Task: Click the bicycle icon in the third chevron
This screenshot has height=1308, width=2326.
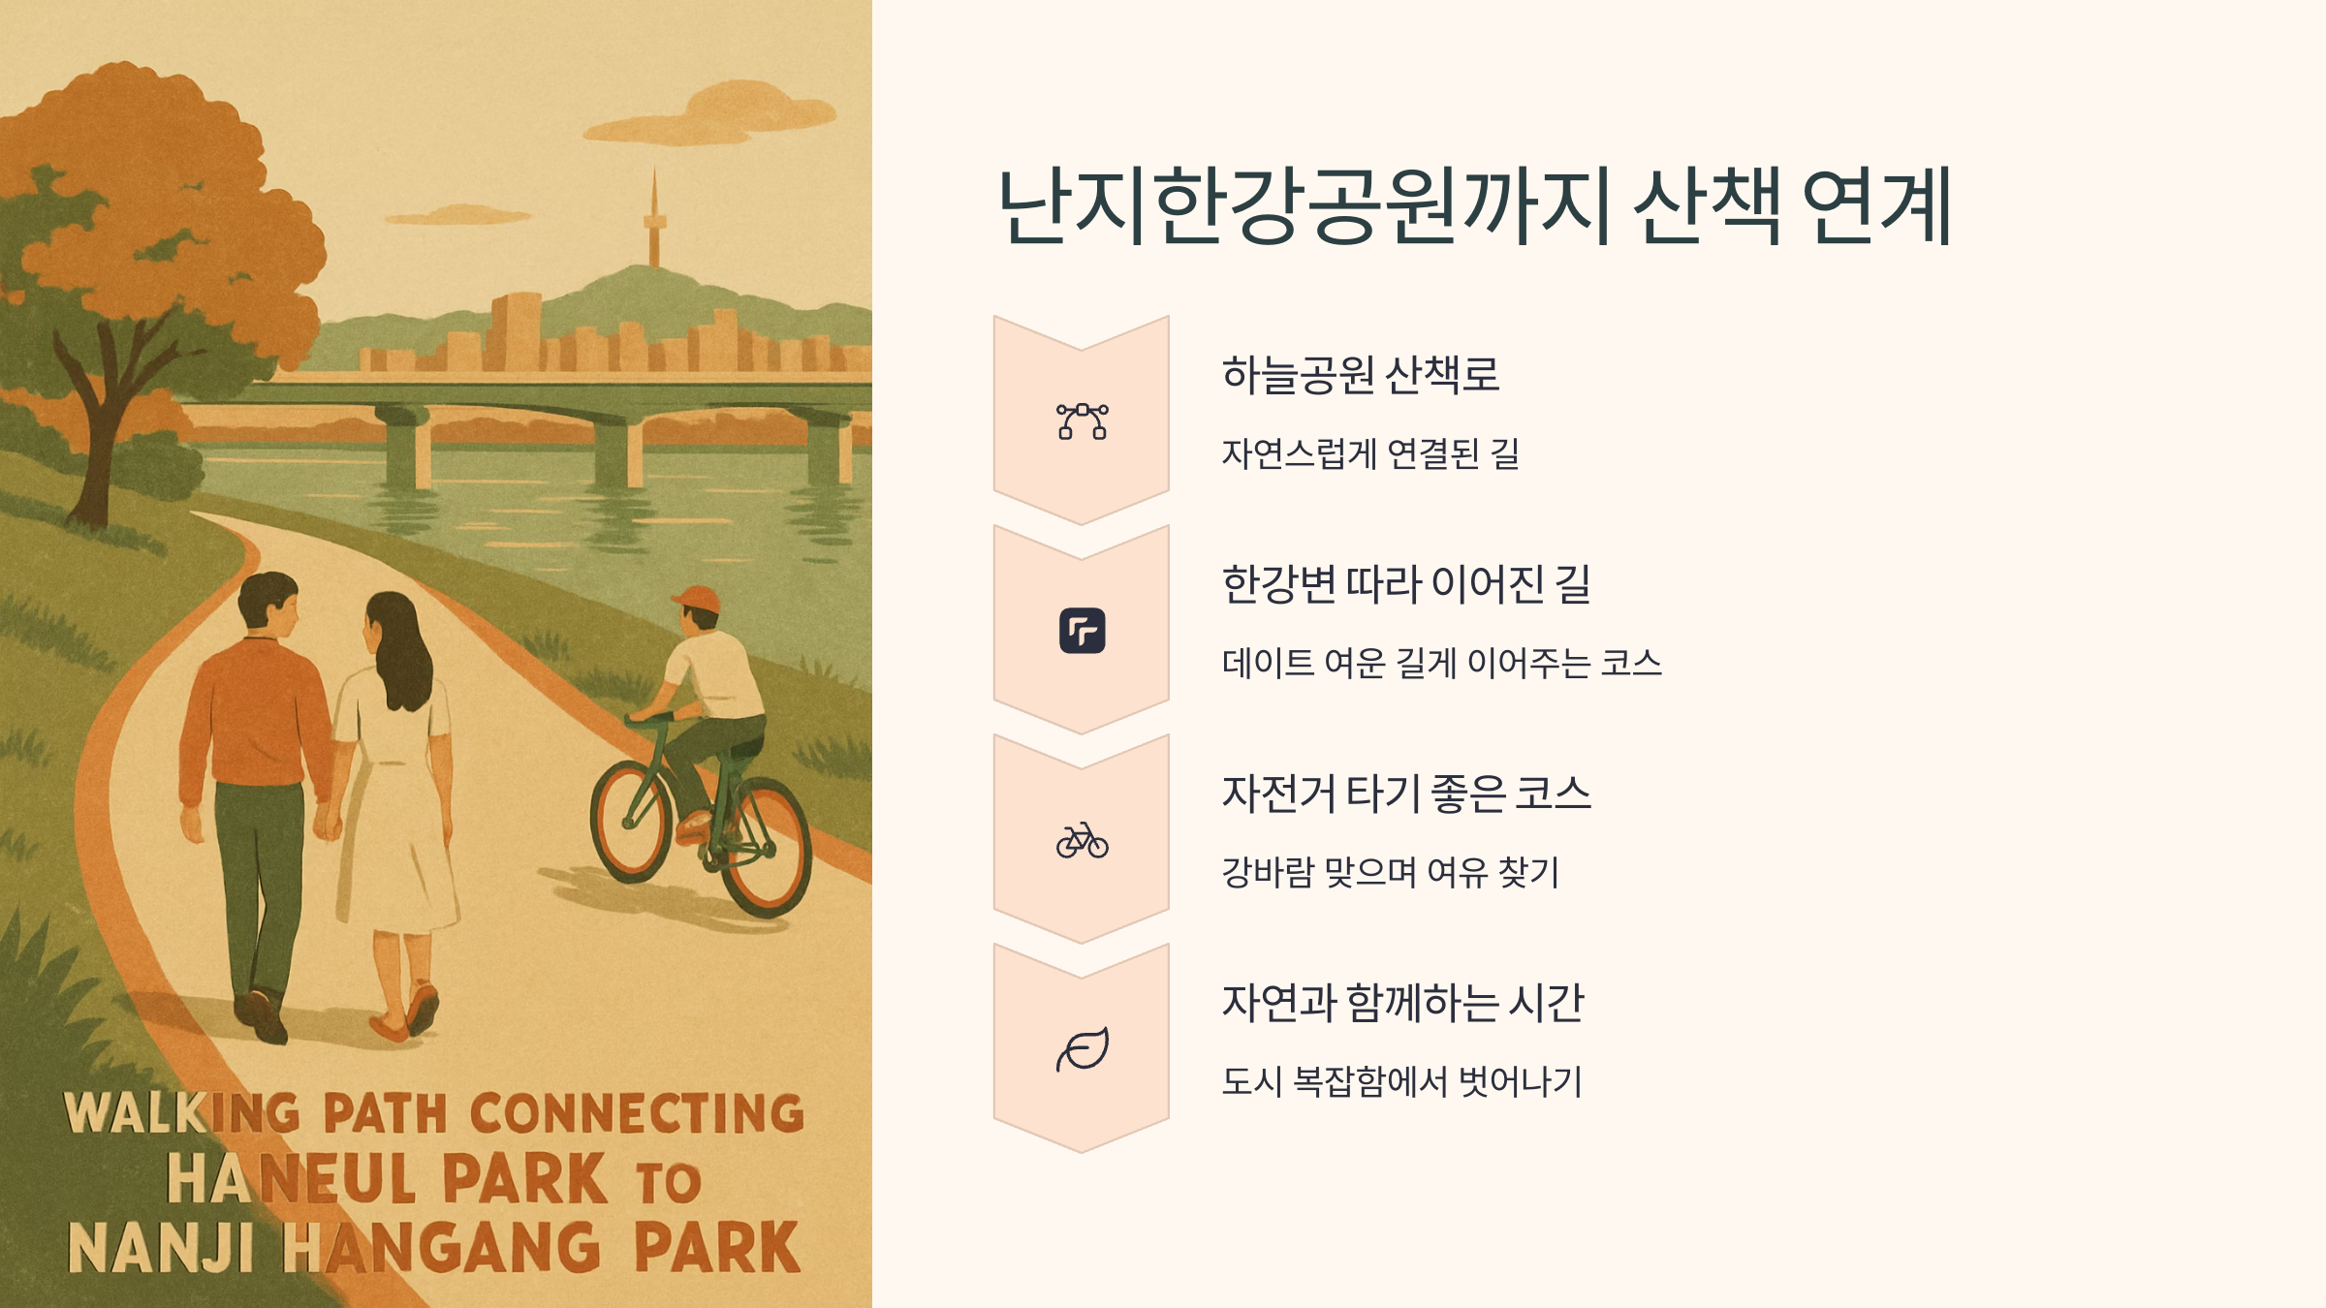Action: [x=1082, y=840]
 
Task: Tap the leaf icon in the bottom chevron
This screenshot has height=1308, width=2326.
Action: [x=1082, y=1049]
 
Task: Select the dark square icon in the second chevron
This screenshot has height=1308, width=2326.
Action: [x=1082, y=631]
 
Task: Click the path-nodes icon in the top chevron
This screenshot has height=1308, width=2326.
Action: [x=1082, y=421]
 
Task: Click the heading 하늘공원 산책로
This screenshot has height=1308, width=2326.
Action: [x=1360, y=375]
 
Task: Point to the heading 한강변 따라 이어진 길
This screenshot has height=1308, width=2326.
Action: [x=1405, y=584]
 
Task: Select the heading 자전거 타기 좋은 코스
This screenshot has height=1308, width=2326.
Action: [x=1405, y=794]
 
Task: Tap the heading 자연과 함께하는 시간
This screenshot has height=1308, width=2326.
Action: [x=1401, y=1003]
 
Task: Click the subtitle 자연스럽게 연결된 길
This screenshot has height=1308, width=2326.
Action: [x=1369, y=453]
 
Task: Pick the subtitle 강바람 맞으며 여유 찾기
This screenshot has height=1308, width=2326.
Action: [x=1390, y=872]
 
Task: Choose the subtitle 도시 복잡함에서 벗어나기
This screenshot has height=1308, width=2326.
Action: [x=1401, y=1081]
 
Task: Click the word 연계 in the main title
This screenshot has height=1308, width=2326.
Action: [x=1876, y=206]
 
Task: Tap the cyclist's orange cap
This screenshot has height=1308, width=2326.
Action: [x=698, y=599]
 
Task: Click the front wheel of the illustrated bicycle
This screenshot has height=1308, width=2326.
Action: [x=632, y=820]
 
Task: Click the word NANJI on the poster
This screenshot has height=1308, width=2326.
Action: [x=161, y=1248]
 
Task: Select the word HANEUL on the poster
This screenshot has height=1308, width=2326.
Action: [x=291, y=1179]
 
